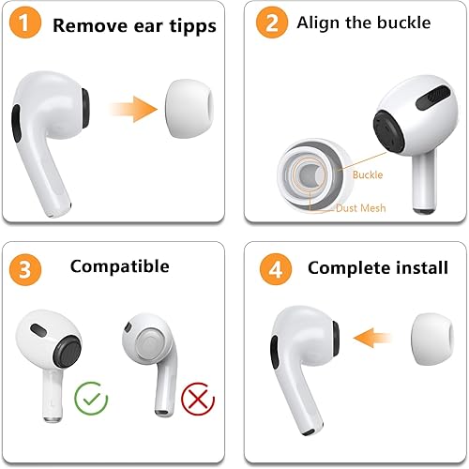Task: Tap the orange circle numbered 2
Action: (x=272, y=24)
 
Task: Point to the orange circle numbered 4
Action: (x=272, y=268)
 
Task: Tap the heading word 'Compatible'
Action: (x=119, y=267)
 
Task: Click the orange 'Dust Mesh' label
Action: (x=360, y=207)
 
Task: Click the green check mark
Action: (x=91, y=399)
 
